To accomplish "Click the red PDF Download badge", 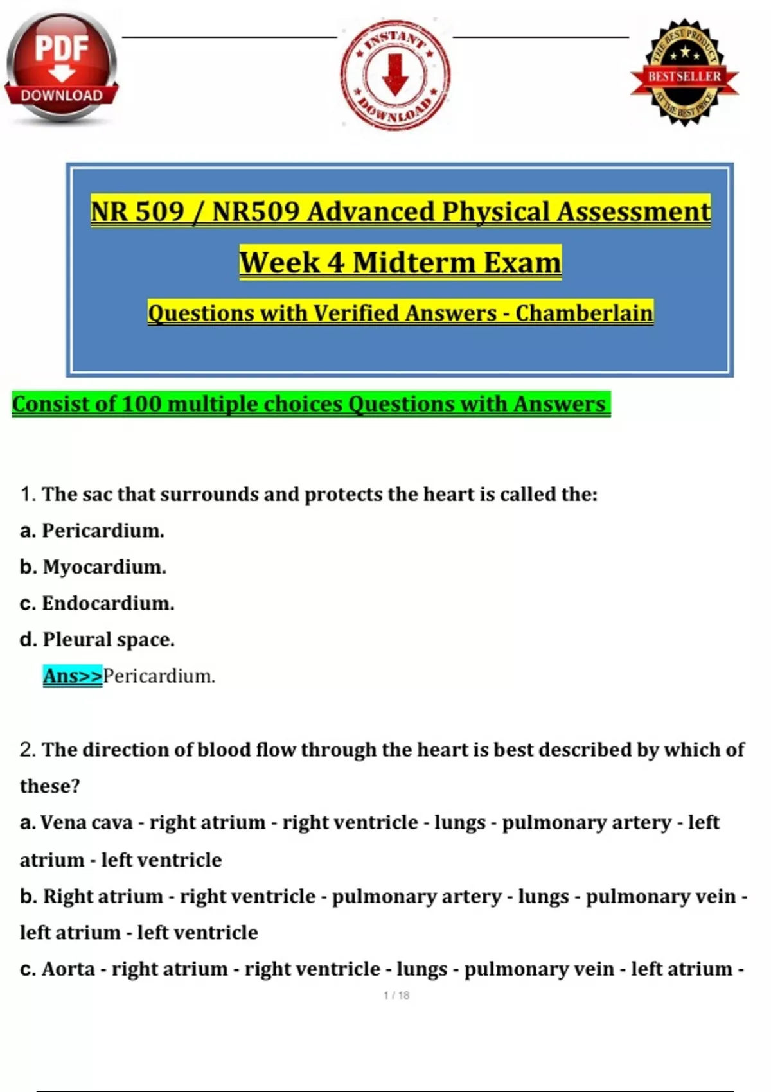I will [x=62, y=66].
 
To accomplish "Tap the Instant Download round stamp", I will [x=395, y=75].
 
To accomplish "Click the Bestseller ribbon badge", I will [x=684, y=73].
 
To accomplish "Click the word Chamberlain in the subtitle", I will [x=584, y=313].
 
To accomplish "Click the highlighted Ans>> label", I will [x=73, y=676].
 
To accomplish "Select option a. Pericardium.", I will [x=93, y=531].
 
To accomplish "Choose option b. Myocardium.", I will [x=93, y=567].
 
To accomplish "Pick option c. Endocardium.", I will [x=98, y=603].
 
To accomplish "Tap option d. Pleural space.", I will [x=98, y=640].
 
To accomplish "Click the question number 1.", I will [x=26, y=495].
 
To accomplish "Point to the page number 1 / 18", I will [x=396, y=995].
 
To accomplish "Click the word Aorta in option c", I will [x=68, y=969].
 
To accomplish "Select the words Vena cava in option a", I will [x=86, y=823].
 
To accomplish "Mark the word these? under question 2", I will [x=49, y=786].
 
